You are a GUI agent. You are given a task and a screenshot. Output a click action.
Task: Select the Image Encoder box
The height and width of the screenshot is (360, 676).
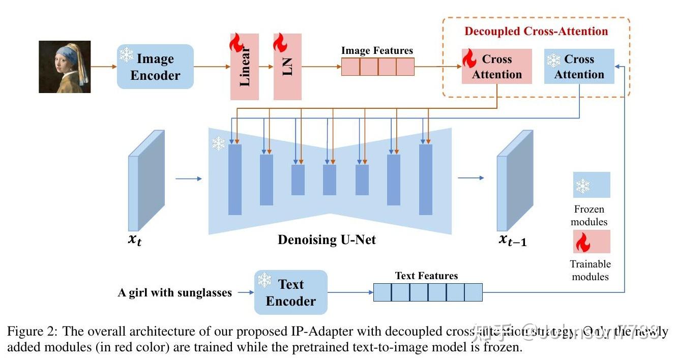155,67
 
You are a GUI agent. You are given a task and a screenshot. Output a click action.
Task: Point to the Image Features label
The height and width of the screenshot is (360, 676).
377,51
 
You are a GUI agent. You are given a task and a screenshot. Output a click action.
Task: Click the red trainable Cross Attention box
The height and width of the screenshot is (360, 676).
497,67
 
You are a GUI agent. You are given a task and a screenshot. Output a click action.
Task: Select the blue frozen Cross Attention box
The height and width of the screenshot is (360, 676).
579,67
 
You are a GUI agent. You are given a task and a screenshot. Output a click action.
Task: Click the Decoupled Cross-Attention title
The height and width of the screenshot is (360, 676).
536,32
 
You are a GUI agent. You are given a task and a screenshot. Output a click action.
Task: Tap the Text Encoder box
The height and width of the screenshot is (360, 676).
291,292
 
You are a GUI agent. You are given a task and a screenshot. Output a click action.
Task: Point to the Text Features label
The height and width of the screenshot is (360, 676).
426,276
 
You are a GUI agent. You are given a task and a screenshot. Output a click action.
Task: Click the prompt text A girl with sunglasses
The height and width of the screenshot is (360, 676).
175,292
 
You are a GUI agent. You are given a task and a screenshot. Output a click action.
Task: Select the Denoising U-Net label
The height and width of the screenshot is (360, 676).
327,239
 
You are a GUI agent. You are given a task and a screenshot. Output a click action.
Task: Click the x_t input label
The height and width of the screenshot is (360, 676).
134,240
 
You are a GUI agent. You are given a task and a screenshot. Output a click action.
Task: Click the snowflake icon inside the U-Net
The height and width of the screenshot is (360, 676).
219,144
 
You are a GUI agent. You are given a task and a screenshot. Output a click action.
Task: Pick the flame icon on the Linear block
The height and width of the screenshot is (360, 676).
237,43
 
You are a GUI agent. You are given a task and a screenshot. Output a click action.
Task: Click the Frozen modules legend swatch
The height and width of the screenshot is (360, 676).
592,185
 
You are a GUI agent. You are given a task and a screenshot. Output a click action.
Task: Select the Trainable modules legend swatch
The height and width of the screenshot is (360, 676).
592,242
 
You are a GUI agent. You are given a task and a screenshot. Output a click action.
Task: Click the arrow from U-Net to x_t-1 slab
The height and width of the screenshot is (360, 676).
471,178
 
